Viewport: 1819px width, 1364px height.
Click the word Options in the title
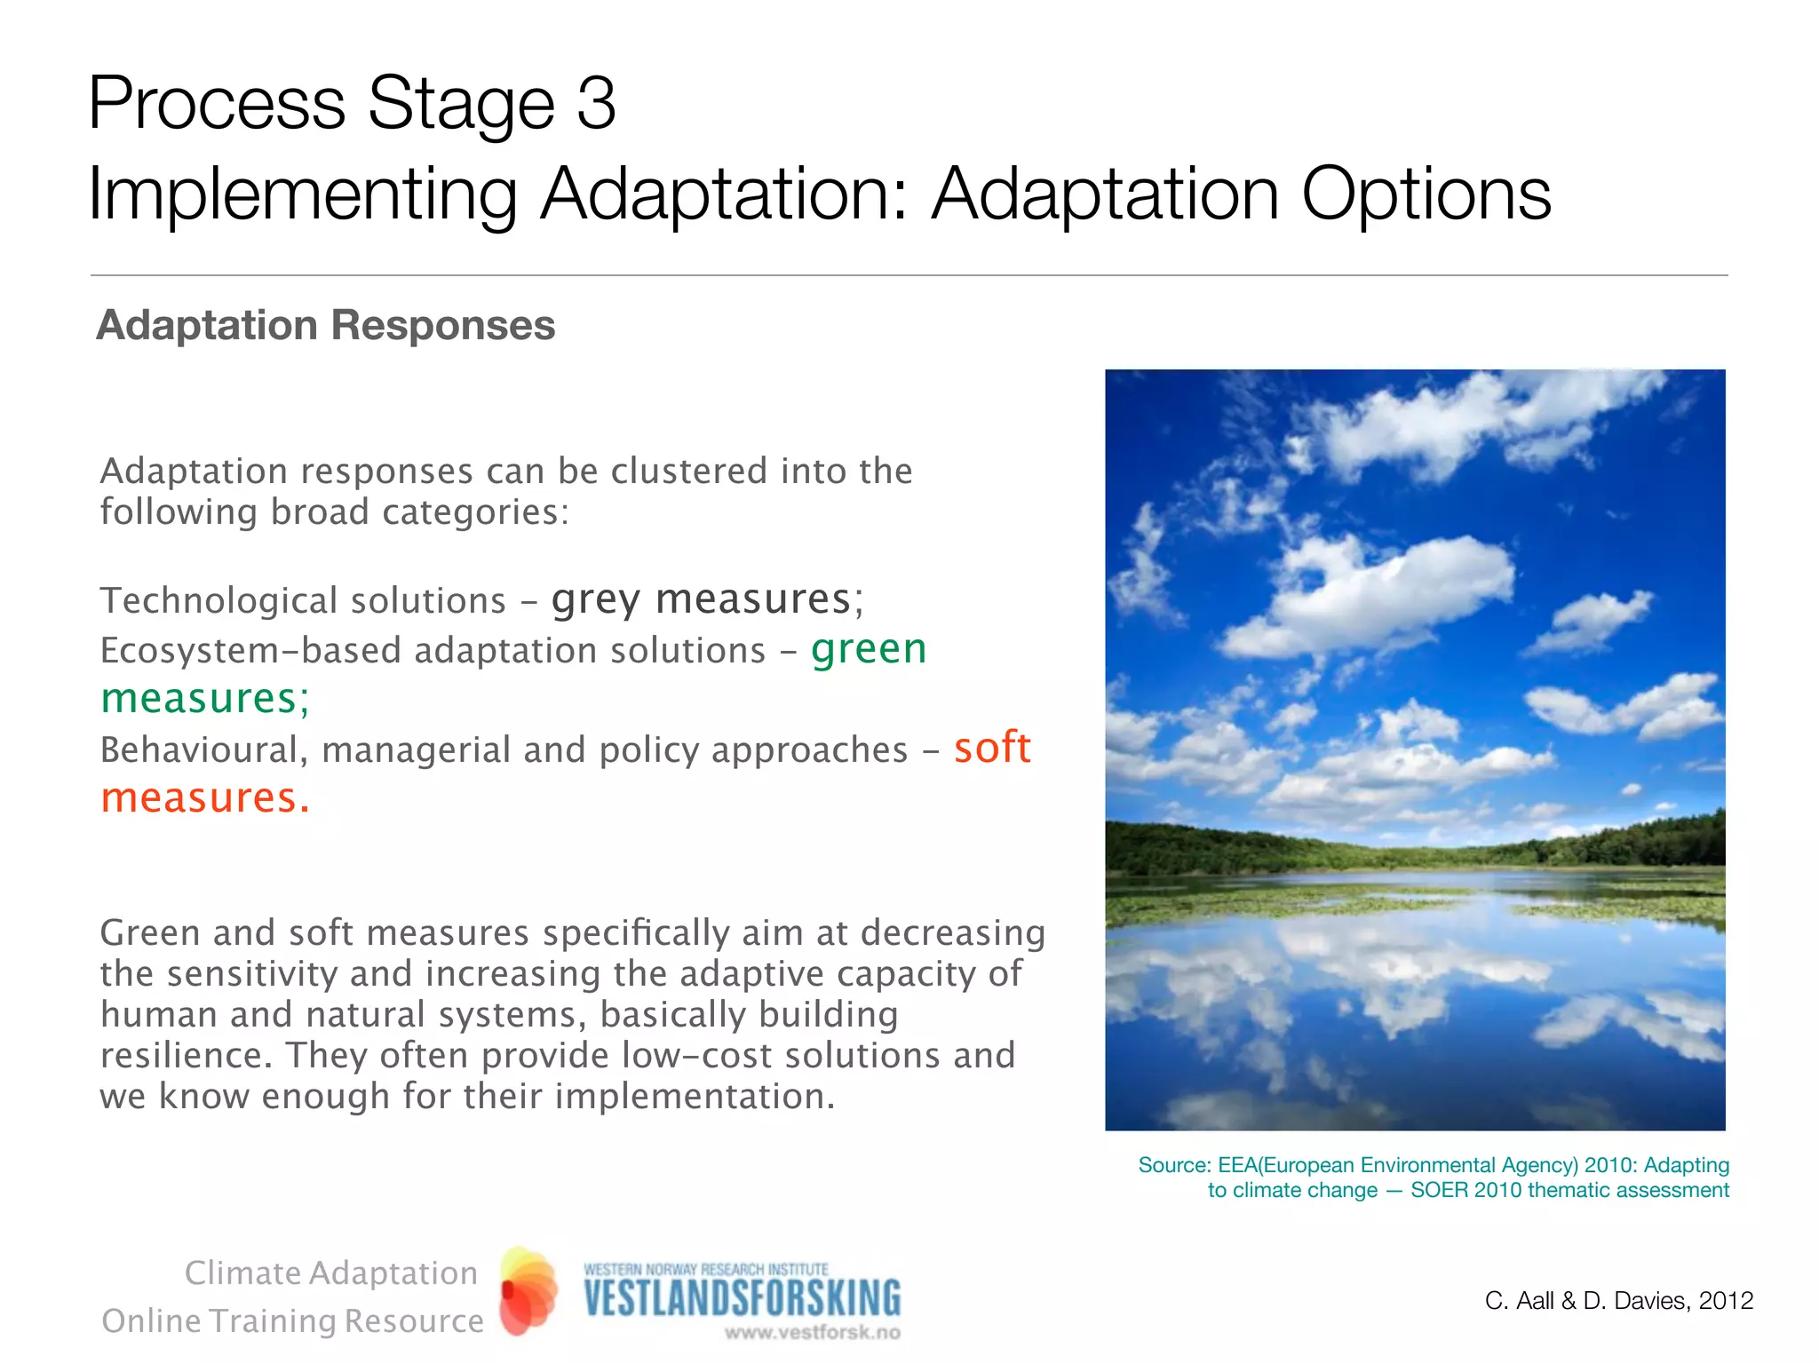(1426, 194)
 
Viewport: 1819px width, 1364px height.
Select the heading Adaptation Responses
(325, 325)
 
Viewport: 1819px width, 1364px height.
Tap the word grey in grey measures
(595, 599)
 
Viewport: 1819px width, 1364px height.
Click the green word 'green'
(869, 648)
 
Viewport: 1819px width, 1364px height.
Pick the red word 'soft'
(992, 748)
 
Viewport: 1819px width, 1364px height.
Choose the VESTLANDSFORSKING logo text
(742, 1299)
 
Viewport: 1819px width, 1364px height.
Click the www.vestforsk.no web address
(812, 1332)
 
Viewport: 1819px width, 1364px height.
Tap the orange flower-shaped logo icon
(528, 1291)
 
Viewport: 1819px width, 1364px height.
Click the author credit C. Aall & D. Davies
(1585, 1301)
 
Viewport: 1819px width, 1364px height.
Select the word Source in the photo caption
(1172, 1165)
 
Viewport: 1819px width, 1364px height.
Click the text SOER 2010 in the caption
(1466, 1190)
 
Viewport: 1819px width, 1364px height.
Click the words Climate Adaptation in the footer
(330, 1273)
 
